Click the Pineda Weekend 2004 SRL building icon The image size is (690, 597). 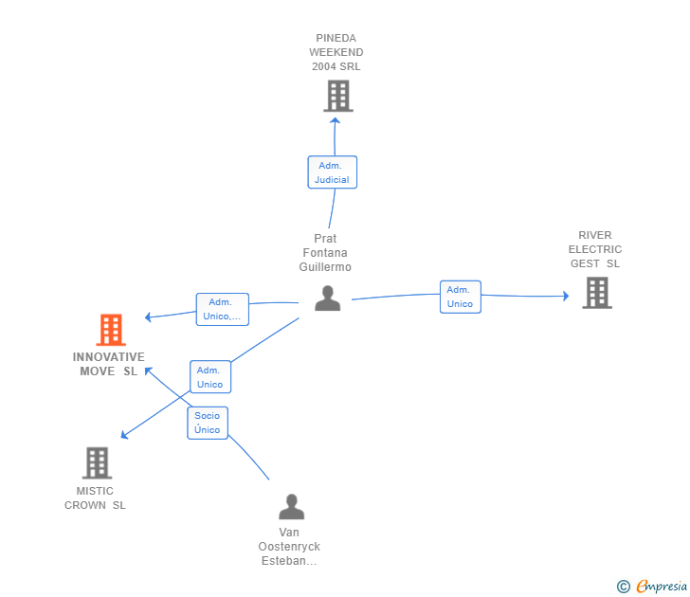(338, 96)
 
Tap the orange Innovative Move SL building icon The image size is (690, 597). (111, 330)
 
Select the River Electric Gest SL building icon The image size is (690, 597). (597, 293)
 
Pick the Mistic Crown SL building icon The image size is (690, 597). (97, 462)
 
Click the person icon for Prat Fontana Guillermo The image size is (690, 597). (327, 298)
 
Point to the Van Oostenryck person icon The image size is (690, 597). (291, 506)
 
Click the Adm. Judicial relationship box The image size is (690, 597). (333, 172)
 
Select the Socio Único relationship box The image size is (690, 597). (208, 423)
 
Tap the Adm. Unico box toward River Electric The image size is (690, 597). (461, 297)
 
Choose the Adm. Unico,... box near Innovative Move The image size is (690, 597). (222, 309)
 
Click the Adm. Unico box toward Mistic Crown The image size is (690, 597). (210, 376)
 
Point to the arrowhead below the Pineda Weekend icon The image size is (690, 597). (335, 120)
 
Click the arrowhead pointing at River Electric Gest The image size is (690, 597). (566, 296)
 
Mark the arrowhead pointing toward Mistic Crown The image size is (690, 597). (124, 435)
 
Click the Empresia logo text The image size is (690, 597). (662, 586)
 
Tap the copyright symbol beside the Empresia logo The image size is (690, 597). (623, 587)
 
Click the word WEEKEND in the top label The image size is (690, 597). (336, 52)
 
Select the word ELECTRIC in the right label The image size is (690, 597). (595, 249)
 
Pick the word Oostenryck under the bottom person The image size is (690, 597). (289, 547)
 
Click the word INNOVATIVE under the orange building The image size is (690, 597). (109, 357)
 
